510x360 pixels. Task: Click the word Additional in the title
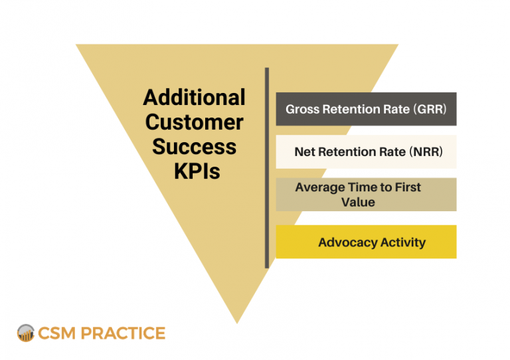click(194, 98)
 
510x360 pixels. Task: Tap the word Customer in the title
click(194, 122)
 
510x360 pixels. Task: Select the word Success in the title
click(194, 146)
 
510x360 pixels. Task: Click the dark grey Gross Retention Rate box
click(366, 109)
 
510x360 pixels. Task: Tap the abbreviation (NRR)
click(425, 152)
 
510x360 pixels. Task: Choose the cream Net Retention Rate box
click(366, 152)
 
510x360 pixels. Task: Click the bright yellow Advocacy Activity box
click(366, 242)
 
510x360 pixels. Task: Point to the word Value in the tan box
click(359, 202)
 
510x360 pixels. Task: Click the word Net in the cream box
click(304, 152)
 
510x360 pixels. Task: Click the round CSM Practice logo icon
click(26, 333)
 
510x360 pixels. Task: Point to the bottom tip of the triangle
click(237, 321)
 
